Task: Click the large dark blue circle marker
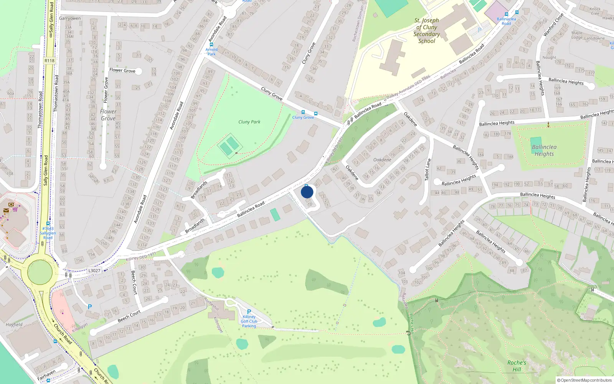point(307,192)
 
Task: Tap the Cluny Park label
point(249,122)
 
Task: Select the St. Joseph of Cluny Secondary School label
point(426,31)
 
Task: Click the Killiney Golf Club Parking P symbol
point(249,312)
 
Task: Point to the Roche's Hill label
point(517,366)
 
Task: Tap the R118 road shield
point(50,60)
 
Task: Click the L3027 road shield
point(94,270)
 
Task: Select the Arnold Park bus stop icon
point(211,45)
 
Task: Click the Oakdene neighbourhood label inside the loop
point(382,159)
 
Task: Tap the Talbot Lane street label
point(428,169)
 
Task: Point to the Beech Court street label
point(129,316)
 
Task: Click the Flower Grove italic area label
point(108,115)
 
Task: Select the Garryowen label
point(70,18)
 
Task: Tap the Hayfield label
point(14,324)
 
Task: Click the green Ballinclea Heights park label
point(544,150)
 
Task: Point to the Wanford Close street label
point(553,25)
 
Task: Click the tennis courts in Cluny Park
point(229,146)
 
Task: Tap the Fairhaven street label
point(46,375)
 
